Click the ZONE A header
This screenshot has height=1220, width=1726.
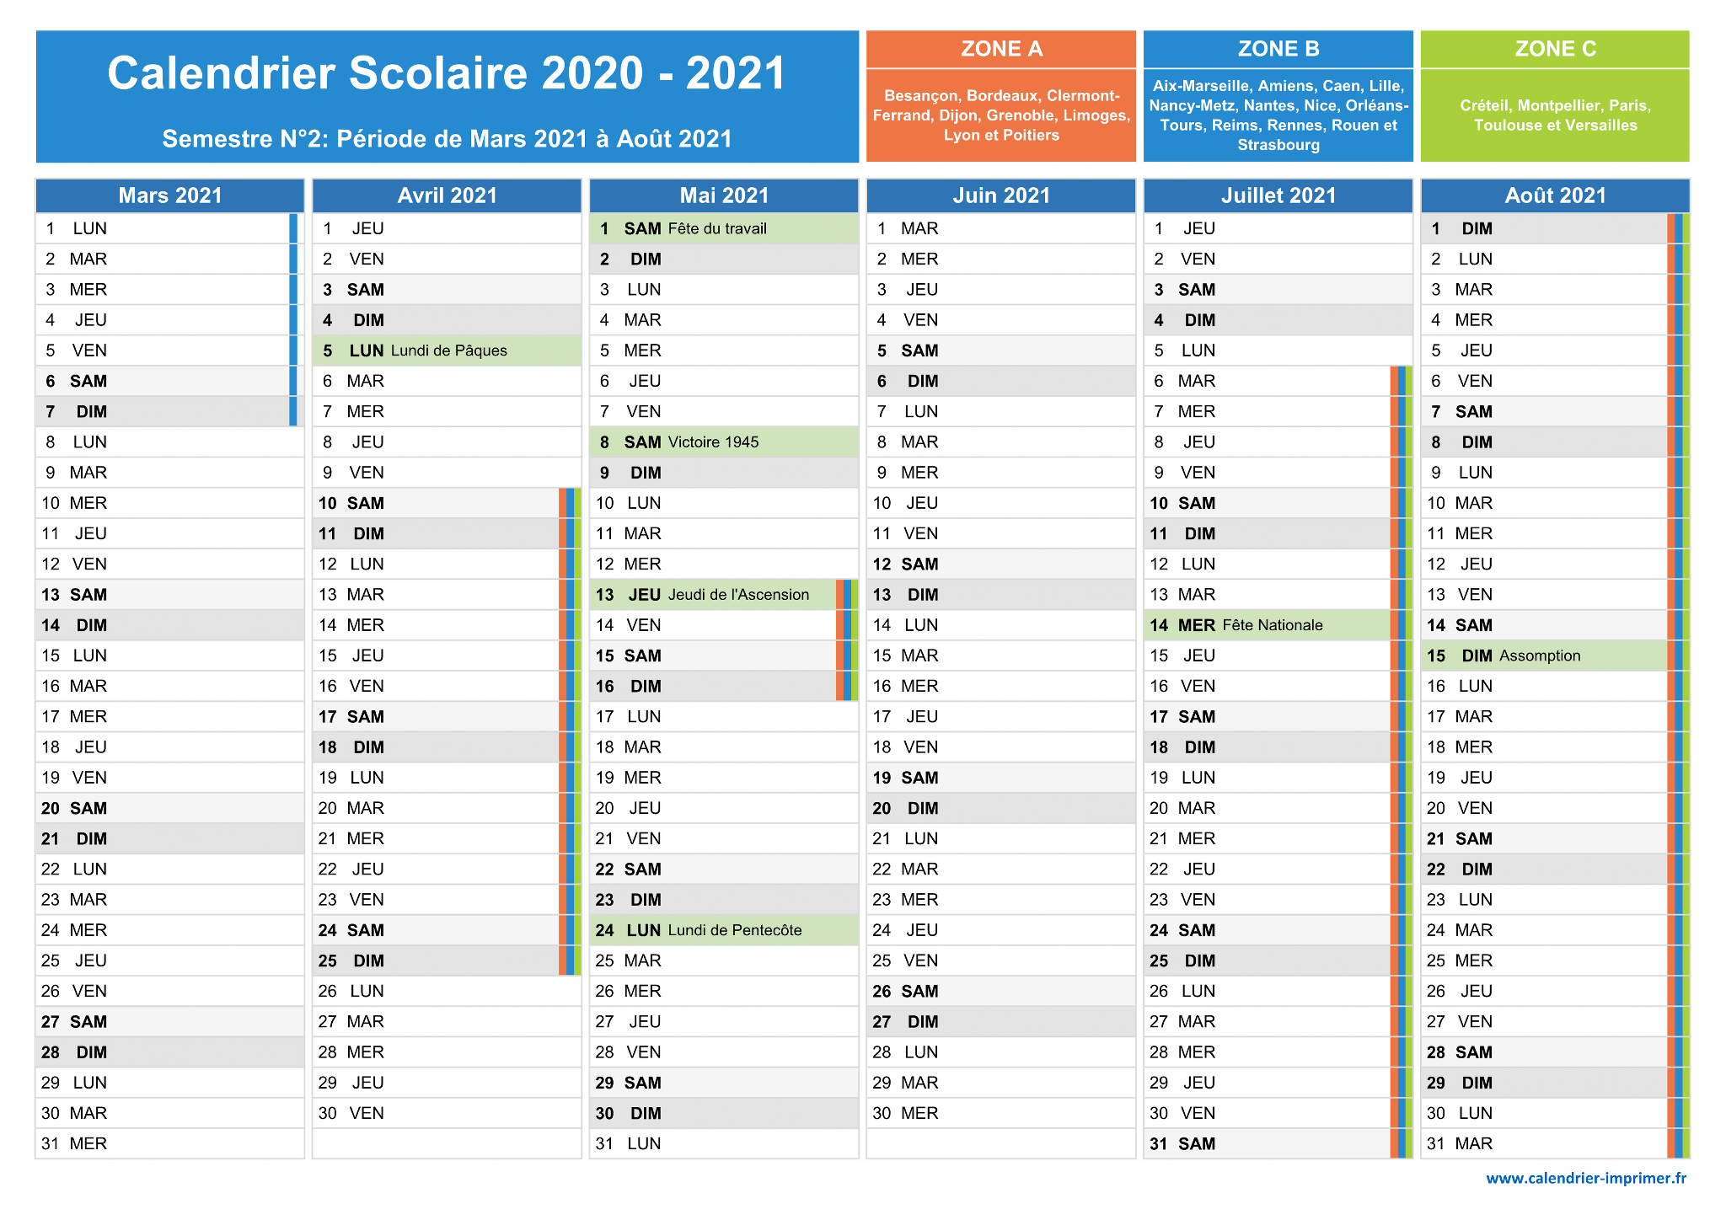pyautogui.click(x=1001, y=49)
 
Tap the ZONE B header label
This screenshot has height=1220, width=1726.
pyautogui.click(x=1278, y=49)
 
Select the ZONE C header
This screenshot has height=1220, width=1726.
pyautogui.click(x=1555, y=49)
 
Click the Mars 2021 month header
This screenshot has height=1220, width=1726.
pyautogui.click(x=170, y=195)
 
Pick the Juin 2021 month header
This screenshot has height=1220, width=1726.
pyautogui.click(x=1001, y=195)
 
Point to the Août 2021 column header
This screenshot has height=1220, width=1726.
pyautogui.click(x=1555, y=195)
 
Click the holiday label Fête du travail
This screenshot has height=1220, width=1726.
pyautogui.click(x=717, y=228)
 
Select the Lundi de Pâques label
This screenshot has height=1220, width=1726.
pyautogui.click(x=449, y=350)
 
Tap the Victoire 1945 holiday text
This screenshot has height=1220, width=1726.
pyautogui.click(x=713, y=442)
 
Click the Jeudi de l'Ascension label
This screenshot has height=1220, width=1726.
pyautogui.click(x=738, y=595)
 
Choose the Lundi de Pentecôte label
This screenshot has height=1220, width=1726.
pyautogui.click(x=735, y=930)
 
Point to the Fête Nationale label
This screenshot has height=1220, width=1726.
pyautogui.click(x=1273, y=625)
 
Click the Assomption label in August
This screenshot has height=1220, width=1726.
pyautogui.click(x=1540, y=655)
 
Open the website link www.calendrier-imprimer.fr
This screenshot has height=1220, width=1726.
pyautogui.click(x=1586, y=1178)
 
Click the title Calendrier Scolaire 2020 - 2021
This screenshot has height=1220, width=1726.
pyautogui.click(x=448, y=72)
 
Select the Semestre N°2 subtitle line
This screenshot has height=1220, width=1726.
pyautogui.click(x=448, y=138)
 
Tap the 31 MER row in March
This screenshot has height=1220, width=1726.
pyautogui.click(x=170, y=1143)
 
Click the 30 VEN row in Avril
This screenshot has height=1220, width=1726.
pyautogui.click(x=447, y=1113)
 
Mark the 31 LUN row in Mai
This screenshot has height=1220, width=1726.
pyautogui.click(x=724, y=1143)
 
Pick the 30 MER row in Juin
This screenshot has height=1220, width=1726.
pyautogui.click(x=1001, y=1113)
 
